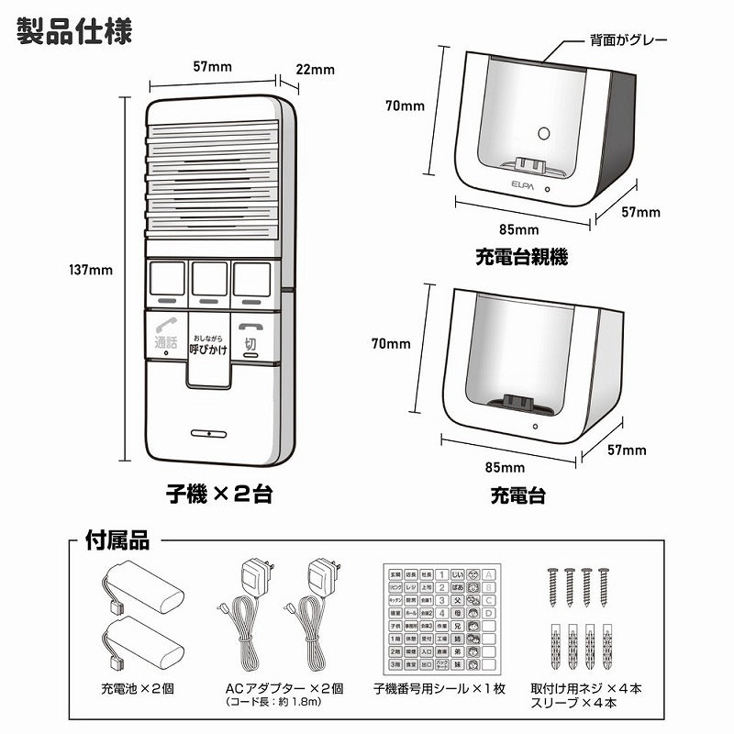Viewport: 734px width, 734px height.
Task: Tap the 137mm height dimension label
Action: [90, 270]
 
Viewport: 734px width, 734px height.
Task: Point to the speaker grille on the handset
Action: [210, 179]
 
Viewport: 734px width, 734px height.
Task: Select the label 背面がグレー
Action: [628, 40]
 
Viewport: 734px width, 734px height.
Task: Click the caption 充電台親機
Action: [521, 258]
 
